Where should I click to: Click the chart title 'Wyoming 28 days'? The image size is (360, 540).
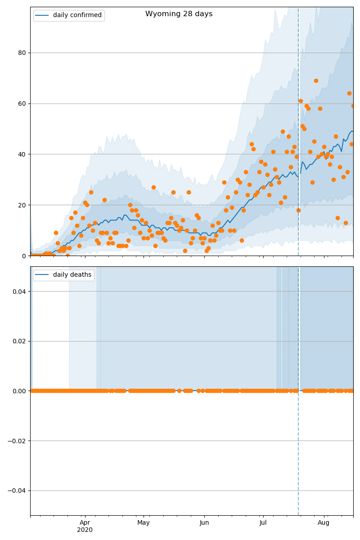pos(179,14)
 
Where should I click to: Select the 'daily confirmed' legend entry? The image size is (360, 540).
pos(77,15)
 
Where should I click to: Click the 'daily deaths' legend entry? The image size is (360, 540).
pos(72,275)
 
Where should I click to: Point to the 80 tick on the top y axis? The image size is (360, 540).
pos(22,53)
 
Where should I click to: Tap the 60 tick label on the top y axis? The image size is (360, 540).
pos(22,103)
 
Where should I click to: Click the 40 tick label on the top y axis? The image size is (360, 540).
pos(22,154)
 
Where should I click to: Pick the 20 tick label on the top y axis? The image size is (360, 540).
pos(22,205)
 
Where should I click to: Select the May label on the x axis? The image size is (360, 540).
pos(144,522)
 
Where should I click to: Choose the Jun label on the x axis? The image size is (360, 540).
pos(204,522)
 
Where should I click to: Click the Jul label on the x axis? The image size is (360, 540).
pos(263,522)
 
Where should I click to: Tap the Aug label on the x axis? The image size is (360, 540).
pos(324,522)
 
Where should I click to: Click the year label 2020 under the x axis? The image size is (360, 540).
pos(85,530)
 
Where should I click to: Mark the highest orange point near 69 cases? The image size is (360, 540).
pos(316,81)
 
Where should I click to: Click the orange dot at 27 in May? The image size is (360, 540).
pos(153,187)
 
